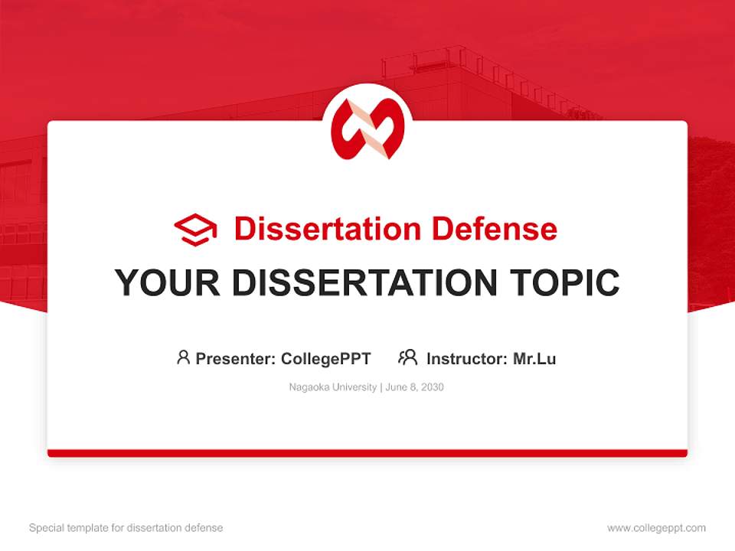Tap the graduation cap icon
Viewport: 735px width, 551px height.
tap(195, 230)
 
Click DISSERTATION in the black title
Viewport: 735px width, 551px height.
tap(364, 283)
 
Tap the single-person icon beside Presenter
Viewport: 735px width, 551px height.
tap(183, 357)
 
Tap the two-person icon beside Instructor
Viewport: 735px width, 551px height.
tap(408, 357)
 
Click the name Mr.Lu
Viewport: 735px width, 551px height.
tap(534, 358)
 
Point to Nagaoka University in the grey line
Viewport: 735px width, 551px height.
tap(332, 387)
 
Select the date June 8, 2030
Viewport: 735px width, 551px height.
tap(415, 387)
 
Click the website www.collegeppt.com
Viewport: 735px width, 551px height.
tap(656, 528)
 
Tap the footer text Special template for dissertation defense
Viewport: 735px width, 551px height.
tap(126, 528)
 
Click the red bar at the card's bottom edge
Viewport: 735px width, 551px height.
tap(367, 453)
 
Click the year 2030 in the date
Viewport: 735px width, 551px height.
tap(432, 387)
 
